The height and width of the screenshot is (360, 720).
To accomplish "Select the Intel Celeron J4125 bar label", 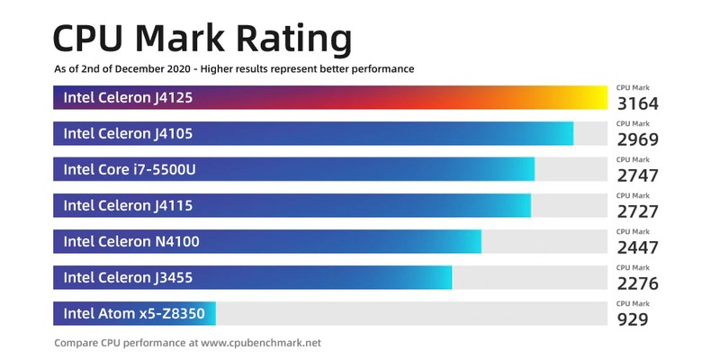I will tap(128, 97).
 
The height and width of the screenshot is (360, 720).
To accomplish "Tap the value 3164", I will tap(638, 103).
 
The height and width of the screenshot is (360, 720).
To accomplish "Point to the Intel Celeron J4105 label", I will tap(128, 133).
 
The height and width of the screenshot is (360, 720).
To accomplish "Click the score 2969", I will tap(638, 139).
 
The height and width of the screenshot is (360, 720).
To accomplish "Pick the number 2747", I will tap(638, 175).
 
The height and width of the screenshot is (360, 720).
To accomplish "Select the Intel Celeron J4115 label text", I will tap(128, 205).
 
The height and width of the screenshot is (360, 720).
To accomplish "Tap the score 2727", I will tap(638, 211).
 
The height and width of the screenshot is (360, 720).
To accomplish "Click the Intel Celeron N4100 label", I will tap(131, 241).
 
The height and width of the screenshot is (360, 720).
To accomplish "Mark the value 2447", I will tap(638, 247).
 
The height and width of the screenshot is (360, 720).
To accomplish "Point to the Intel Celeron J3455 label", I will tap(128, 277).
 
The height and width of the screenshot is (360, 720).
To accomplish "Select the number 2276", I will tap(638, 283).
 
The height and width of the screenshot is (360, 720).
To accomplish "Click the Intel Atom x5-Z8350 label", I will tap(133, 313).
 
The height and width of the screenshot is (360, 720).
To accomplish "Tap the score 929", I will tap(633, 319).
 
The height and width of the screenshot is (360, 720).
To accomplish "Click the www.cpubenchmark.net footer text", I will tap(260, 343).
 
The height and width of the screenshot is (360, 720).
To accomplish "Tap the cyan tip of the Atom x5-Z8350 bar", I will tap(211, 313).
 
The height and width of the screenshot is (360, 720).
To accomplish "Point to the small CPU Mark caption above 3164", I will tap(633, 87).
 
